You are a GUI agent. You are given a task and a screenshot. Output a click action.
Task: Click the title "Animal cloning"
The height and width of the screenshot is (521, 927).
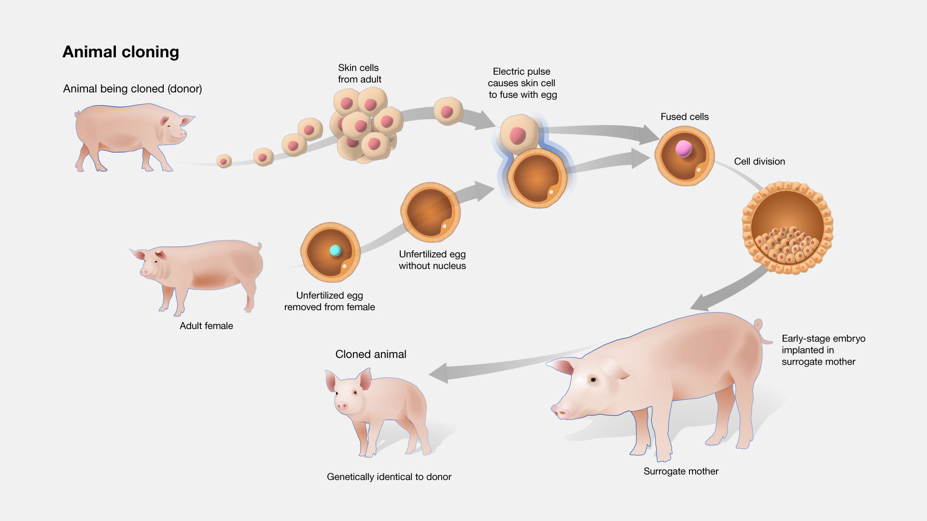pyautogui.click(x=121, y=52)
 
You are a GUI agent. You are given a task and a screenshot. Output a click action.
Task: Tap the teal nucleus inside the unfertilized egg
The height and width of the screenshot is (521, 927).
pyautogui.click(x=335, y=250)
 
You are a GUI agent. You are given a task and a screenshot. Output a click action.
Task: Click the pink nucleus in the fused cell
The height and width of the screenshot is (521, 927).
pyautogui.click(x=684, y=149)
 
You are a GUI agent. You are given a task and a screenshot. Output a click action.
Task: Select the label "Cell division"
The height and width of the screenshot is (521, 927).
pyautogui.click(x=759, y=162)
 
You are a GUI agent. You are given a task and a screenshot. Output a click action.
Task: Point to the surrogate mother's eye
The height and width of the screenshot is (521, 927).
pyautogui.click(x=593, y=380)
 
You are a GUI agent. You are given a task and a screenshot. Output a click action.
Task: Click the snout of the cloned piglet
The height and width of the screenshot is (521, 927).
pyautogui.click(x=342, y=406)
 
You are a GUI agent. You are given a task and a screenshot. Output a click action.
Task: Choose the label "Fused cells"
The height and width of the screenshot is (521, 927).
pyautogui.click(x=685, y=117)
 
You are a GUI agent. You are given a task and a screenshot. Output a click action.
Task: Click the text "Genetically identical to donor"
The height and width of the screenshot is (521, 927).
pyautogui.click(x=389, y=477)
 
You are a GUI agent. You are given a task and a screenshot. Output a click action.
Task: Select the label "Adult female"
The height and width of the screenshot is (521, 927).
pyautogui.click(x=206, y=326)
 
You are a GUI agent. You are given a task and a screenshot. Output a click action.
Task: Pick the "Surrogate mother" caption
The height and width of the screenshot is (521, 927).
pyautogui.click(x=681, y=471)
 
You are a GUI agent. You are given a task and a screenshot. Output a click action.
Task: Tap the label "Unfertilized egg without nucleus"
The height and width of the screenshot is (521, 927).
pyautogui.click(x=432, y=260)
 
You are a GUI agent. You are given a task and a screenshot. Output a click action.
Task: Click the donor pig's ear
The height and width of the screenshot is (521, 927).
pyautogui.click(x=186, y=120)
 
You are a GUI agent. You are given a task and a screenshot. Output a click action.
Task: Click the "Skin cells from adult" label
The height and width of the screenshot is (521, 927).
pyautogui.click(x=359, y=73)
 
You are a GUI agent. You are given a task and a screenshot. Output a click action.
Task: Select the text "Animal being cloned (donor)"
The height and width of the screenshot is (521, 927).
pyautogui.click(x=132, y=89)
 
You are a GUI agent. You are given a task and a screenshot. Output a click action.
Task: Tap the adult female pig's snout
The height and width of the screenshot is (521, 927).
pyautogui.click(x=143, y=272)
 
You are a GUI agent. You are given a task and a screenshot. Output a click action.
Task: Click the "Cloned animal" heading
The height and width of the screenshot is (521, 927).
pyautogui.click(x=371, y=354)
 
